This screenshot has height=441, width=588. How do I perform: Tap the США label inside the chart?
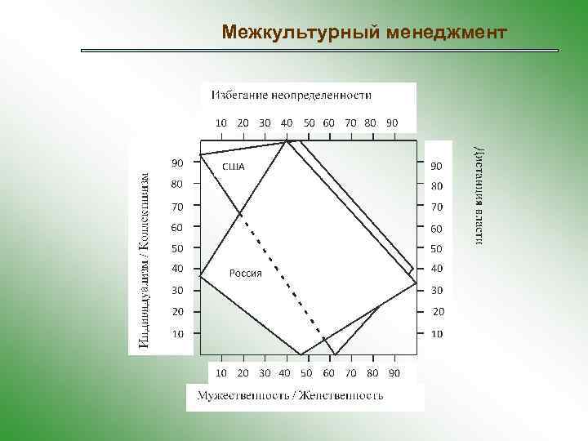[x=234, y=167]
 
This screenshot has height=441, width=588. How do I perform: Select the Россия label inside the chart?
[x=245, y=274]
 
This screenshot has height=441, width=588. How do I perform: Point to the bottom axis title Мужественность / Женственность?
[x=290, y=396]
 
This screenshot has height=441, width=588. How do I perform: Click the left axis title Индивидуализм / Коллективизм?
[x=144, y=260]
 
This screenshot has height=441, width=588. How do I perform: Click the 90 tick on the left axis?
[x=177, y=162]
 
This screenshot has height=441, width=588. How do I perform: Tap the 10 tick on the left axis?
[x=177, y=333]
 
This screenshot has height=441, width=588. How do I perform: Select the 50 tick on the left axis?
[x=177, y=247]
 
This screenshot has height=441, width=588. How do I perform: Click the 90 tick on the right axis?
[x=437, y=166]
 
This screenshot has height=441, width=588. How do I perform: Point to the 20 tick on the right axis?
[x=439, y=311]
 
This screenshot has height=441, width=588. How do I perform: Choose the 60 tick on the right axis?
[x=437, y=229]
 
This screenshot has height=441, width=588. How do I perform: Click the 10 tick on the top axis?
[x=221, y=122]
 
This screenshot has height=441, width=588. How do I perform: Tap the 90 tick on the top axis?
[x=392, y=122]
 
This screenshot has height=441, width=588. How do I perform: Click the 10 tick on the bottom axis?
[x=221, y=372]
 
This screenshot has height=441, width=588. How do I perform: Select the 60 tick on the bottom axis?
[x=328, y=372]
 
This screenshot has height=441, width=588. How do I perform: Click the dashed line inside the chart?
[x=282, y=278]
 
